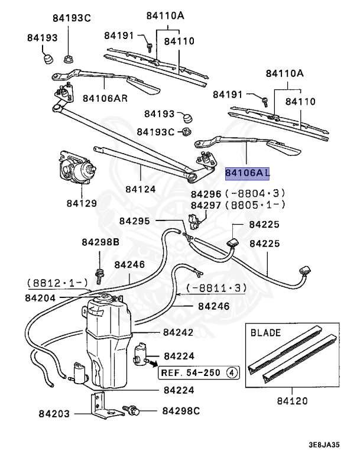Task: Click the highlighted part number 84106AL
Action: pos(247,173)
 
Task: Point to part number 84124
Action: pos(140,189)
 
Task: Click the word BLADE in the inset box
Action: pos(266,333)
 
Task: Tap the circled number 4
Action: pos(232,372)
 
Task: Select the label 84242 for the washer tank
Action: pos(179,333)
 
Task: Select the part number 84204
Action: pos(40,299)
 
